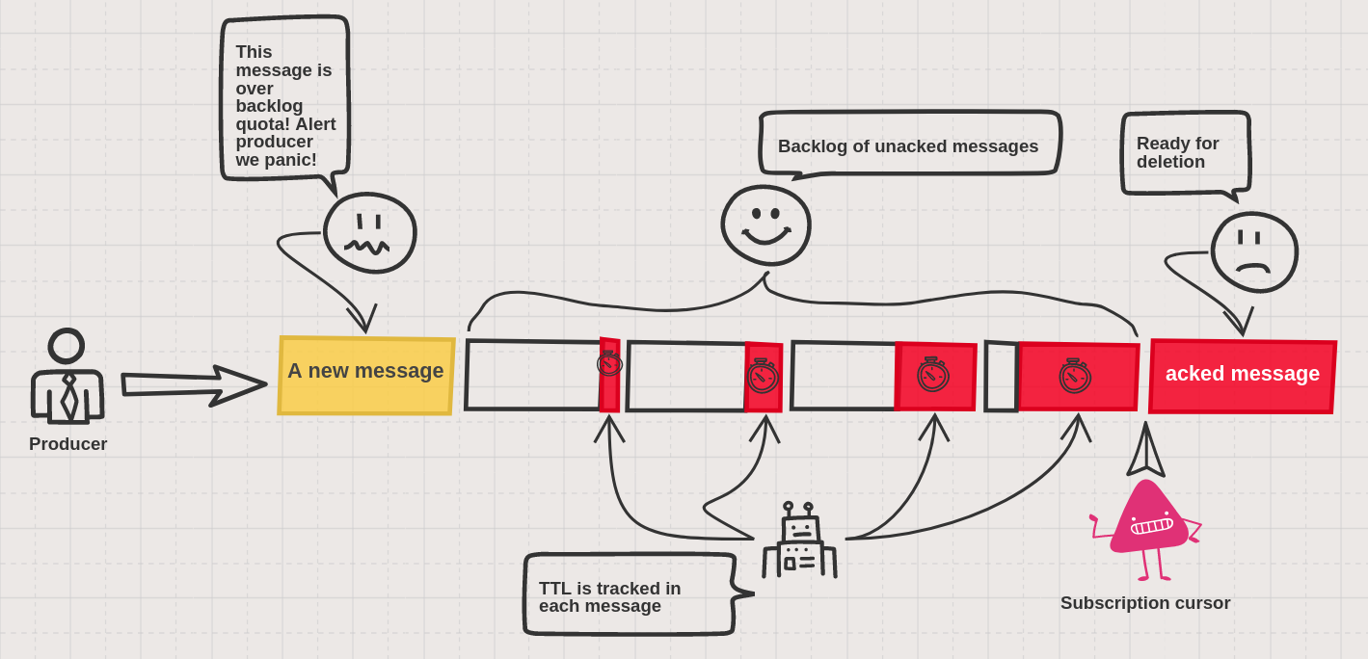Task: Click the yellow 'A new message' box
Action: point(366,376)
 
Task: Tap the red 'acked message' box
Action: point(1243,376)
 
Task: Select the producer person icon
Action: point(67,376)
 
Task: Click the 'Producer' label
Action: point(67,443)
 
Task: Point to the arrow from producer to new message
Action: point(194,385)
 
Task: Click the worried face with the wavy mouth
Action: point(369,233)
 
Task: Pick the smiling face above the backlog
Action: point(765,225)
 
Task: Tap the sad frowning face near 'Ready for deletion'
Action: point(1254,252)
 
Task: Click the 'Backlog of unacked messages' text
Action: point(908,146)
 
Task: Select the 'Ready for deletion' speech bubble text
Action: point(1177,152)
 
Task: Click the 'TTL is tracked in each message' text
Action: point(609,596)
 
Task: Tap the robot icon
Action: point(799,540)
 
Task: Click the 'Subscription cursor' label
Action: point(1145,603)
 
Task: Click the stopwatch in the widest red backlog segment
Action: point(1075,376)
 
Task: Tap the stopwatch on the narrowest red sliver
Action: point(609,363)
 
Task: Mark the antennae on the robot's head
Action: point(798,511)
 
